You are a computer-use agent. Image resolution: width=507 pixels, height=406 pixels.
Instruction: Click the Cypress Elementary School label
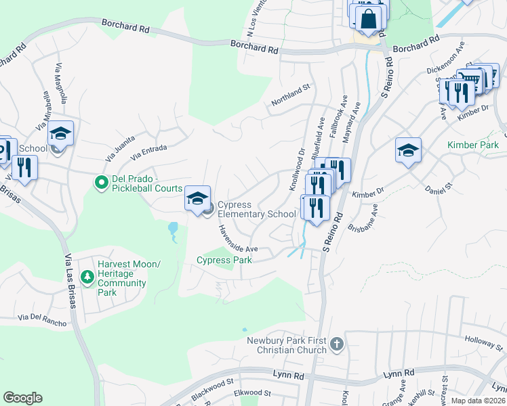point(256,210)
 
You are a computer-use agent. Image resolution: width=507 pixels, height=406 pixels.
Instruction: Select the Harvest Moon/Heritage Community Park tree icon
point(87,277)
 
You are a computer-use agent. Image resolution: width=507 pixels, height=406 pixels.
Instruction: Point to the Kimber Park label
point(472,145)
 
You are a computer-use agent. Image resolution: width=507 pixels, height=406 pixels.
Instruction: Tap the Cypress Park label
point(224,260)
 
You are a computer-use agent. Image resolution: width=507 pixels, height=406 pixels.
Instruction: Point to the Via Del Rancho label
point(42,319)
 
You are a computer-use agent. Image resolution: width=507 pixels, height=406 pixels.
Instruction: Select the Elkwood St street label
point(251,392)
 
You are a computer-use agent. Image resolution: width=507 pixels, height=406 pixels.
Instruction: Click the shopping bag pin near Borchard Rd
point(369,20)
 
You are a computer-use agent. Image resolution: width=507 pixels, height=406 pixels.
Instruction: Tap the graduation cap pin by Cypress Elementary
point(197,200)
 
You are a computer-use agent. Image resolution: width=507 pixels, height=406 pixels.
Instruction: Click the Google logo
point(22,398)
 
